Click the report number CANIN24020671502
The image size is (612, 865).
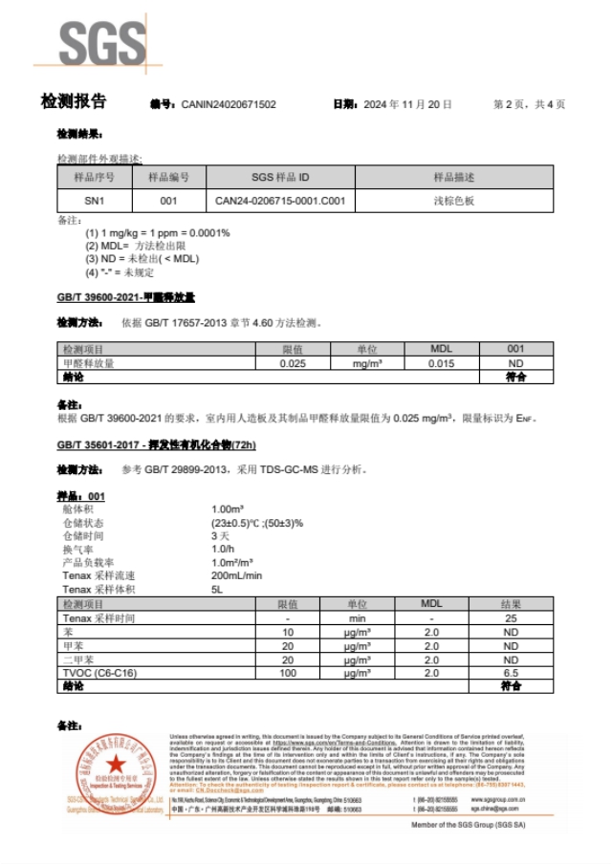[x=228, y=104]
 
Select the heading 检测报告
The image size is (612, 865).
[x=74, y=102]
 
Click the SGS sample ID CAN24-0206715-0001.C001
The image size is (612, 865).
[x=279, y=202]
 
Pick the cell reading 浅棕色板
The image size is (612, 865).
[x=454, y=202]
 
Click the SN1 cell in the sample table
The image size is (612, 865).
[x=95, y=202]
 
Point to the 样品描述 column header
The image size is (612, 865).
[x=454, y=178]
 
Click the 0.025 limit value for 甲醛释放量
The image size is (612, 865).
[x=293, y=364]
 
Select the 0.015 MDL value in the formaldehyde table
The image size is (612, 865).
[x=441, y=364]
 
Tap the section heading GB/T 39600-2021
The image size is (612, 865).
[x=126, y=297]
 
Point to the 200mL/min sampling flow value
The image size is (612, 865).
[x=236, y=575]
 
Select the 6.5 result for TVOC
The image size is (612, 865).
[x=511, y=673]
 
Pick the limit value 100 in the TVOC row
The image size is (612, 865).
[x=288, y=673]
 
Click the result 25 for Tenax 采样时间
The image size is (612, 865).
[x=511, y=618]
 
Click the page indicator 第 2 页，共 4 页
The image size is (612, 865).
[x=529, y=104]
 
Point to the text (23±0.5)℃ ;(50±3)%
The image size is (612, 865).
[x=256, y=523]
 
